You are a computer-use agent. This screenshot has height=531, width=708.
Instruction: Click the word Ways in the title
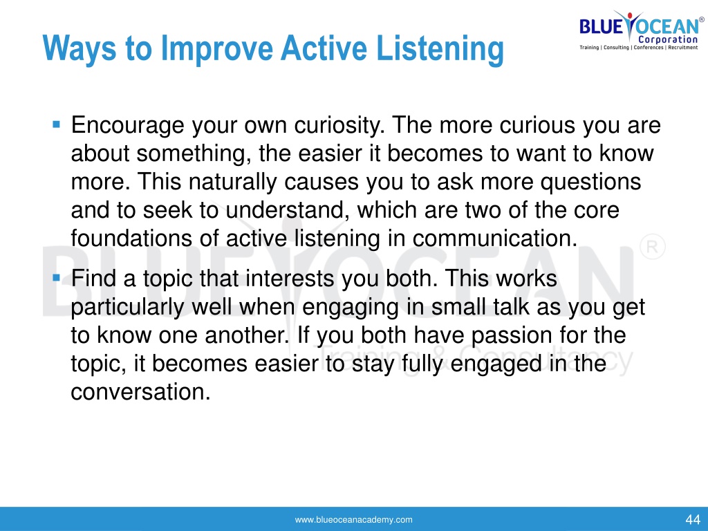(79, 49)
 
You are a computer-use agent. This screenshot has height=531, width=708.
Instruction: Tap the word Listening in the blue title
(440, 49)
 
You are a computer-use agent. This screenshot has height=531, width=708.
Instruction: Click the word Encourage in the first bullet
(127, 126)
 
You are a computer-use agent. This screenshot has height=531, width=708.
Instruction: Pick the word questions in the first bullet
(590, 182)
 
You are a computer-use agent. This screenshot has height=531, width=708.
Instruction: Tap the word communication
(495, 239)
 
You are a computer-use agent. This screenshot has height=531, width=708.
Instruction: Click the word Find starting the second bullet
(94, 278)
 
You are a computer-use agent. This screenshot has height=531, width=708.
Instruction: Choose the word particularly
(127, 307)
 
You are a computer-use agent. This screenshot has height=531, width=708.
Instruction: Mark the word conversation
(140, 392)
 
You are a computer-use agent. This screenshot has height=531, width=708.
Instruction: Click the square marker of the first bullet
(57, 124)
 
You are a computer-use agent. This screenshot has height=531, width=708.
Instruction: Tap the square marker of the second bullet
(57, 277)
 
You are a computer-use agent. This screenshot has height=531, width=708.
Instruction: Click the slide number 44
(693, 519)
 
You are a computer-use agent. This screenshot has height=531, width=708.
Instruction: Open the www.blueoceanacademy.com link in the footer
(353, 520)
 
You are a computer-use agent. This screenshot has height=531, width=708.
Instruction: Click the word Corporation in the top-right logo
(668, 39)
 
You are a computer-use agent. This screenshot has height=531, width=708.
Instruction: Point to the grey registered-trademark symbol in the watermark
(652, 247)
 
